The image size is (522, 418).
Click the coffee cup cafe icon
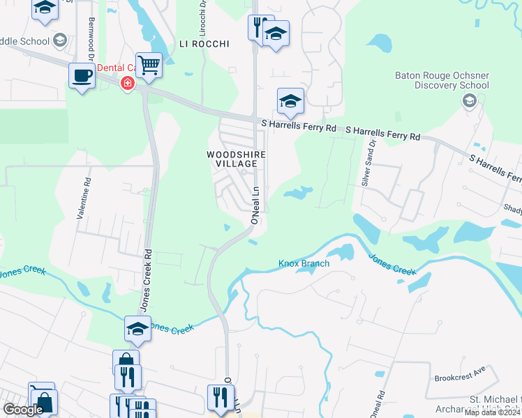[82, 75]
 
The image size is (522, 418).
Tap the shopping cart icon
[149, 65]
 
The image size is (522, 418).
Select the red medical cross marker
[127, 84]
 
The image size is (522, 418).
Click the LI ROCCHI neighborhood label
[204, 44]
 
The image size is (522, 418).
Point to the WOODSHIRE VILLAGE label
[232, 158]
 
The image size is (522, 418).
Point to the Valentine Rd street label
[83, 199]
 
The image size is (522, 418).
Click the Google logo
[22, 410]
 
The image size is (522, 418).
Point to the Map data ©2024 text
[492, 412]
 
